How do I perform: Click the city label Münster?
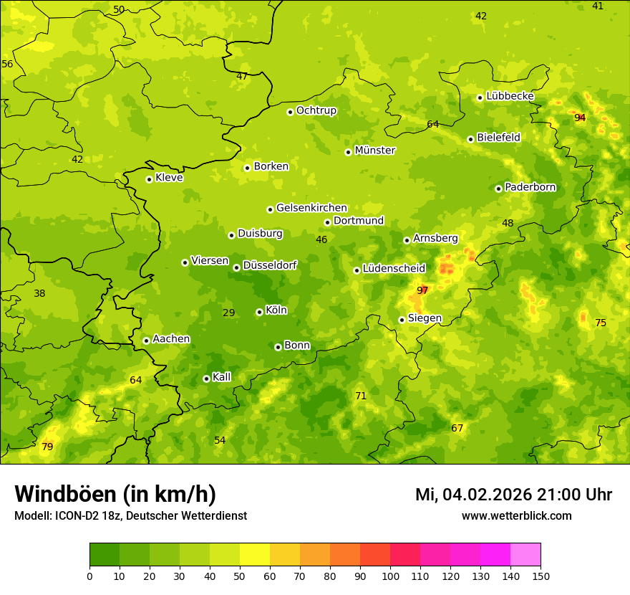374,151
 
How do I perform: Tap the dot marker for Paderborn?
499,189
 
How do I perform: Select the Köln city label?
276,310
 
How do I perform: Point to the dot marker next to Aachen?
147,341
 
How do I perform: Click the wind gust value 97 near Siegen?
422,290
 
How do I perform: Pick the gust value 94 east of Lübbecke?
580,118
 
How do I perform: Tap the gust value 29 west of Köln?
229,313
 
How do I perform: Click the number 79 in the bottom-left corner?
47,447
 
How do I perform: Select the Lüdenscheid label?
394,269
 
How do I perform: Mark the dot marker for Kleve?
150,179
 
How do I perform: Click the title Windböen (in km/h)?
115,494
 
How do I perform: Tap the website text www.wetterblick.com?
516,516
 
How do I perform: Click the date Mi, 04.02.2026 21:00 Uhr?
513,495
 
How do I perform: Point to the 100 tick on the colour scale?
391,576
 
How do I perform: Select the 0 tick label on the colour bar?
89,576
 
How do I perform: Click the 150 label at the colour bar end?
541,576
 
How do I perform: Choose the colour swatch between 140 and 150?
525,555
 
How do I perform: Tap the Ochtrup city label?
316,110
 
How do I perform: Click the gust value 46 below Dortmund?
321,239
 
